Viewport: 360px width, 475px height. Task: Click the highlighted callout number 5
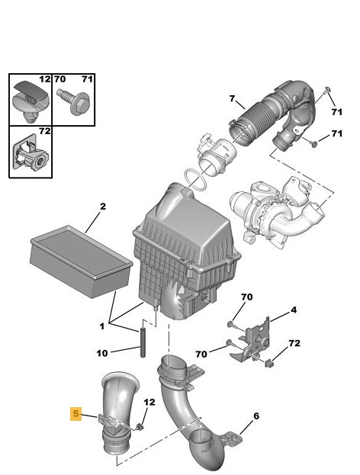[x=76, y=414]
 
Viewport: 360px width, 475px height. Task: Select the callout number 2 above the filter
[x=103, y=207]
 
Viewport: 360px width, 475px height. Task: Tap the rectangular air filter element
[x=81, y=262]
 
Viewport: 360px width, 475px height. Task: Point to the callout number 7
[x=232, y=99]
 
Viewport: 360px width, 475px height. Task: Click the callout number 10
[x=102, y=353]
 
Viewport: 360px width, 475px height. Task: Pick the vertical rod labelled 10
[x=143, y=341]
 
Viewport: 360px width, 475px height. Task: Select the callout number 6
[x=256, y=416]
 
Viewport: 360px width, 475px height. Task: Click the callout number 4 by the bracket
[x=294, y=310]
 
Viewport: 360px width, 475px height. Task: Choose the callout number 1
[x=102, y=326]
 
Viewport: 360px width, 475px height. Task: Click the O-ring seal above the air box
[x=196, y=181]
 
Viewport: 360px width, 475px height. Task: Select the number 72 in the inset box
[x=44, y=131]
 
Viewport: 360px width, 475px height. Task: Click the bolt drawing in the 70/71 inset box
[x=73, y=102]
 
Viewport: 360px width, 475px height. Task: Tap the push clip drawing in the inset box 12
[x=31, y=101]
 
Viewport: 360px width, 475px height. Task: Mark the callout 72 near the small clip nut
[x=294, y=343]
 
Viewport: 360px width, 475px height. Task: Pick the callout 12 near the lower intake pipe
[x=149, y=402]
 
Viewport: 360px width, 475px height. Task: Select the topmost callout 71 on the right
[x=336, y=112]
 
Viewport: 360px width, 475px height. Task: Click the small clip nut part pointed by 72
[x=269, y=363]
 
